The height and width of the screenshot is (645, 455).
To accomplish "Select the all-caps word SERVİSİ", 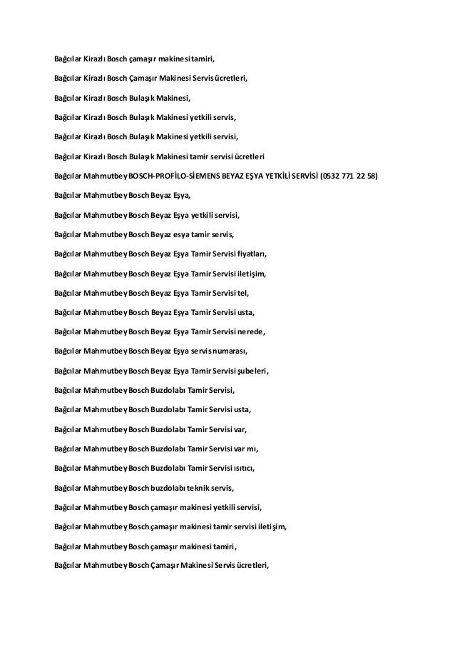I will pos(304,175).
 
